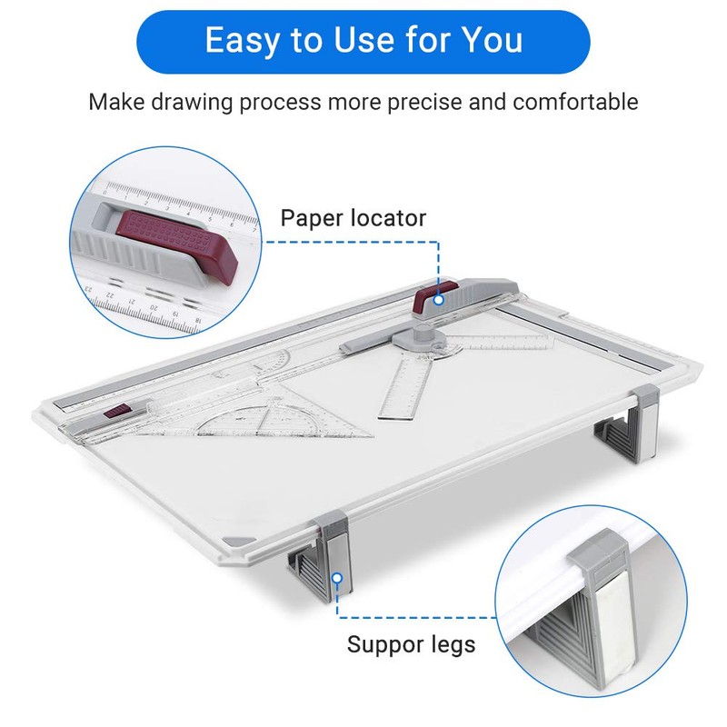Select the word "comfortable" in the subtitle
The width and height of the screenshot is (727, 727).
point(575,101)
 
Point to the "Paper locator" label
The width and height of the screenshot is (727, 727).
point(353,218)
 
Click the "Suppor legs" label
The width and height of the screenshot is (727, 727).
point(411,645)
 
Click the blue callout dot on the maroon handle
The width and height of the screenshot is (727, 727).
point(439,298)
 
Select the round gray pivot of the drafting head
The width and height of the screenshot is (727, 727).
point(423,339)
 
